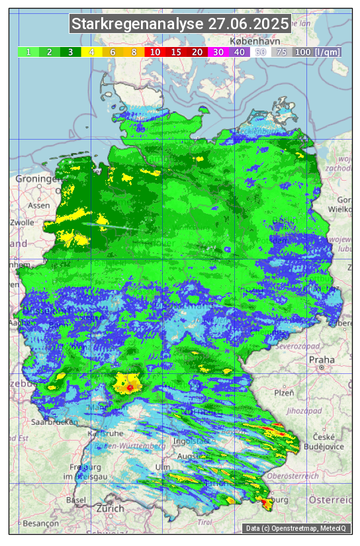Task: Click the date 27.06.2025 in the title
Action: pos(248,24)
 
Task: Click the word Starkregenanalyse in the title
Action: pos(138,24)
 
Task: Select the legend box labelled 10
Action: pos(155,52)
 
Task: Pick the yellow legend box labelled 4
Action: pos(91,52)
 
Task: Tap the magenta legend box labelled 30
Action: pos(218,52)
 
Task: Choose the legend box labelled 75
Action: pos(281,52)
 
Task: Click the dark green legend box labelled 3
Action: pos(70,52)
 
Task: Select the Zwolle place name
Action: pos(22,222)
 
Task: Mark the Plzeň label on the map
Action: pos(284,392)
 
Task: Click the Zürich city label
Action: pos(110,508)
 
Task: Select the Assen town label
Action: pos(39,205)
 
